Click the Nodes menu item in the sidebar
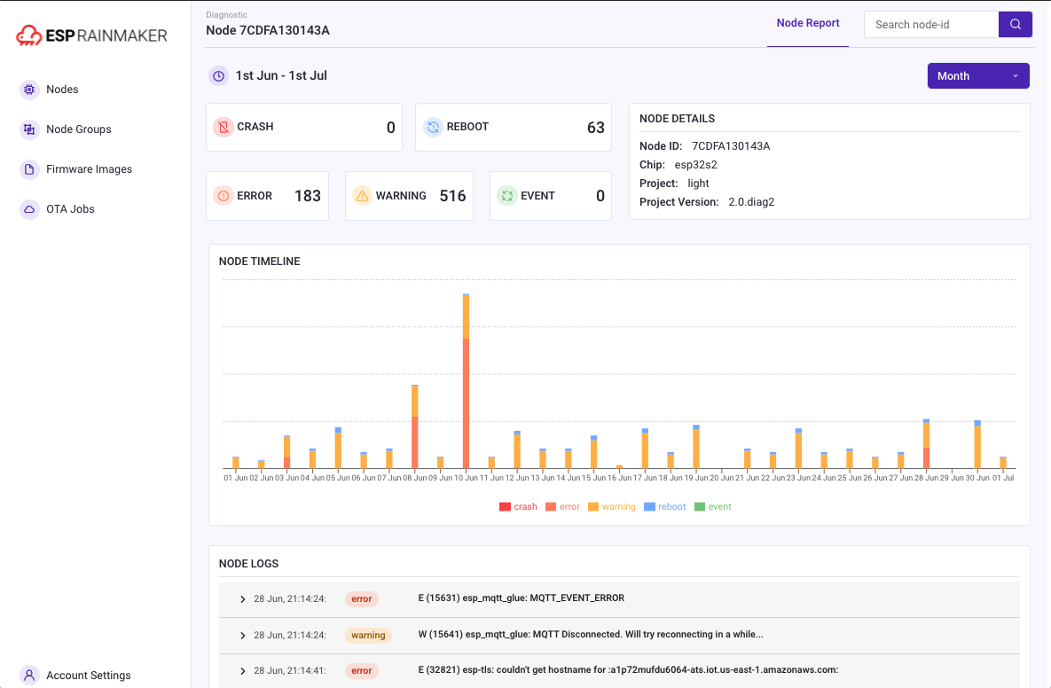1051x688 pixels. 61,90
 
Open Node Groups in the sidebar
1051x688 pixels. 78,129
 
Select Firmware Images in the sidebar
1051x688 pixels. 89,169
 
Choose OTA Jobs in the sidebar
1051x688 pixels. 70,209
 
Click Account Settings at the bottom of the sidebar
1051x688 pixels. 88,675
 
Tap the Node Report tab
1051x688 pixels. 808,23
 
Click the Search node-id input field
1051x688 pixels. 930,25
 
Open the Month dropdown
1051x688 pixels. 977,76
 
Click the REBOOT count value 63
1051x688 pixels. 595,128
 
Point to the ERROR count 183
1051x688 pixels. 307,196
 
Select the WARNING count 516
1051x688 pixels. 452,196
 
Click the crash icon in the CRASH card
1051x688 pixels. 224,127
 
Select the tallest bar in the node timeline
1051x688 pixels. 466,381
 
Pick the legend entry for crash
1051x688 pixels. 519,507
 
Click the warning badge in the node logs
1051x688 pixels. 368,636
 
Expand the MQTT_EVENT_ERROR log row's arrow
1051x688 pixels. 242,599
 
